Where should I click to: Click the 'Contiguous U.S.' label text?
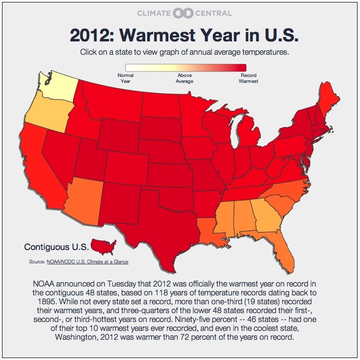tap(56, 247)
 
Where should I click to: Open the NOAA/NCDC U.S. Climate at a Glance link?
tap(87, 262)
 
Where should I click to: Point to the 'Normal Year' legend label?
tap(126, 78)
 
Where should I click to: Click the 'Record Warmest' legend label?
tap(249, 78)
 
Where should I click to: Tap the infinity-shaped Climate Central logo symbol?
tap(180, 13)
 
